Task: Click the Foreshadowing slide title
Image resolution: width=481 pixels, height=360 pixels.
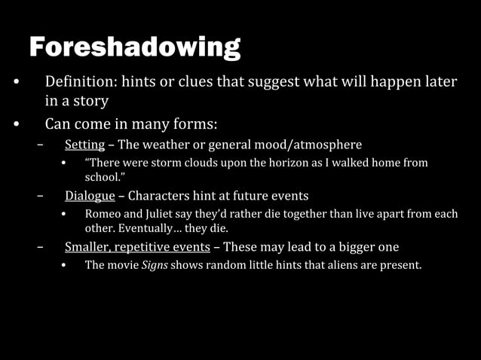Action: point(135,47)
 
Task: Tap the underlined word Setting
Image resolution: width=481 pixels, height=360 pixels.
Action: point(83,144)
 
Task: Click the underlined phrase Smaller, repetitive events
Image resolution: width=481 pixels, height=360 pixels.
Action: point(137,247)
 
